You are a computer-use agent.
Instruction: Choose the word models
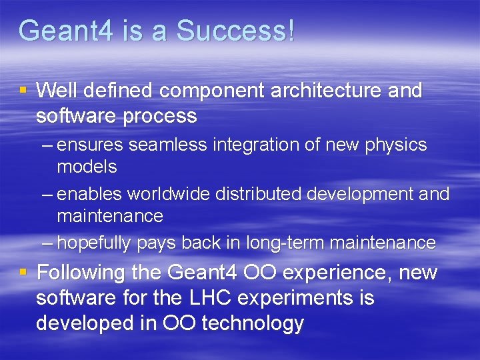[87, 167]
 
